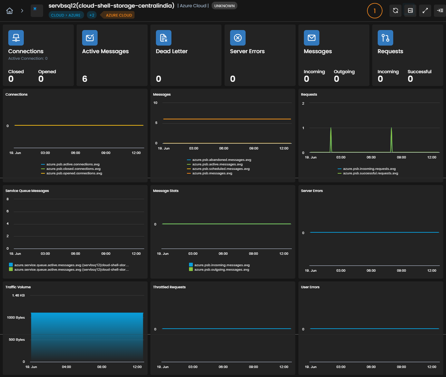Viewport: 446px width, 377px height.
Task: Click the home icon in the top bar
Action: [x=10, y=11]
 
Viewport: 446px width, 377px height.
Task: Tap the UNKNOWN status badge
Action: [x=224, y=6]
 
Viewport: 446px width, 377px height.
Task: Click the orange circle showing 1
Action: [x=375, y=11]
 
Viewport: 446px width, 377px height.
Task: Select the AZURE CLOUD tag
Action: [x=119, y=15]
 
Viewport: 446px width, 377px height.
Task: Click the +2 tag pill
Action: [x=92, y=15]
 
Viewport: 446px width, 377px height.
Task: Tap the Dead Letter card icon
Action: [x=163, y=38]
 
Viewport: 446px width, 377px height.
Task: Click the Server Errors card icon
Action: [x=238, y=38]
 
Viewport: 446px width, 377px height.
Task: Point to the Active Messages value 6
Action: [x=85, y=79]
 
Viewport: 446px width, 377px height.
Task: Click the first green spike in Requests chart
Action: [x=331, y=140]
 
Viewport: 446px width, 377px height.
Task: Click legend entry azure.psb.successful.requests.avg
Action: [x=368, y=173]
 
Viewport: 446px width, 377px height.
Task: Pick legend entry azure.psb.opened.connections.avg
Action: [x=71, y=173]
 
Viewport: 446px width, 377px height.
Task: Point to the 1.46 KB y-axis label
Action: [x=18, y=295]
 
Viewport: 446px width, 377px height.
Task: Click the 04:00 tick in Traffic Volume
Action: [x=67, y=367]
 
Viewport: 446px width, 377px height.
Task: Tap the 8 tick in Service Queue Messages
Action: [x=8, y=199]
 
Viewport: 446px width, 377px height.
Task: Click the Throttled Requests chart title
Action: [x=169, y=287]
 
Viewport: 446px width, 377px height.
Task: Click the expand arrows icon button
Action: [x=425, y=11]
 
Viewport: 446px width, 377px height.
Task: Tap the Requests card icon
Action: [x=385, y=38]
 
